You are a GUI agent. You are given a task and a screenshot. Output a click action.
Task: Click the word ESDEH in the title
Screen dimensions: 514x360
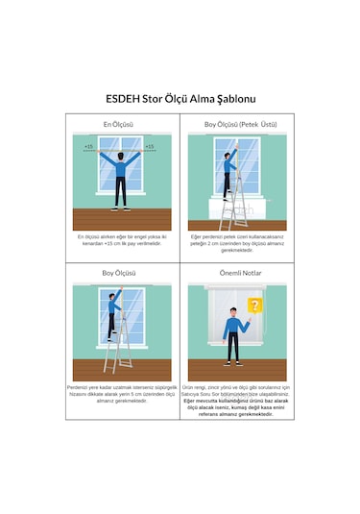(x=123, y=99)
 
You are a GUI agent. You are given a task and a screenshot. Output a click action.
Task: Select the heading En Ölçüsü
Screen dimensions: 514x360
(x=118, y=125)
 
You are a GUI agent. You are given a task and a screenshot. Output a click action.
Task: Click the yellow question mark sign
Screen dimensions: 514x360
(x=254, y=306)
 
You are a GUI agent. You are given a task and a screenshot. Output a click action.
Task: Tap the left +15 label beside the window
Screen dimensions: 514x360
(x=88, y=147)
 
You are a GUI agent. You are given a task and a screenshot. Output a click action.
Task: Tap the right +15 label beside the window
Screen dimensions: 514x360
(x=149, y=147)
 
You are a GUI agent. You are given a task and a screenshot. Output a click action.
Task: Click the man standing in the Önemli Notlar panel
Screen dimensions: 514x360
(x=231, y=330)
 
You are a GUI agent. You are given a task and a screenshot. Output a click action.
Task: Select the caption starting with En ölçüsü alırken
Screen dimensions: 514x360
(x=118, y=240)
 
